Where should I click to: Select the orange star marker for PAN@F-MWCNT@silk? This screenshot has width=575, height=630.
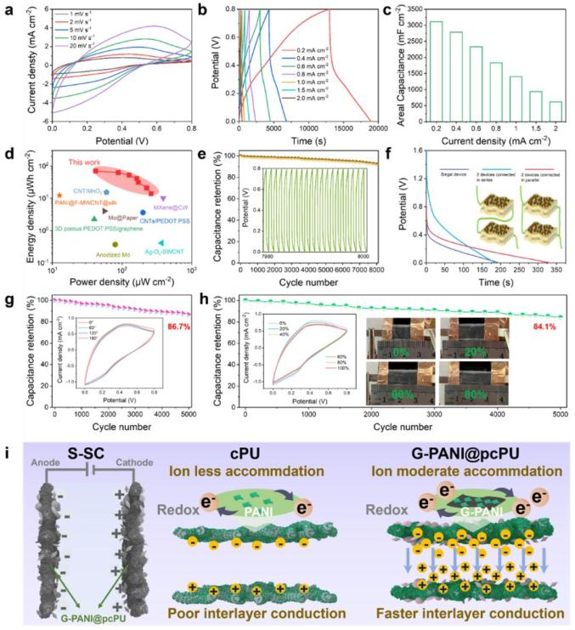coord(59,195)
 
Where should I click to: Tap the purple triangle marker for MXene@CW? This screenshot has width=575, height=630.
coord(163,198)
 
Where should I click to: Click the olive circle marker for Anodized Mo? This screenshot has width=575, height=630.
coord(116,245)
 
